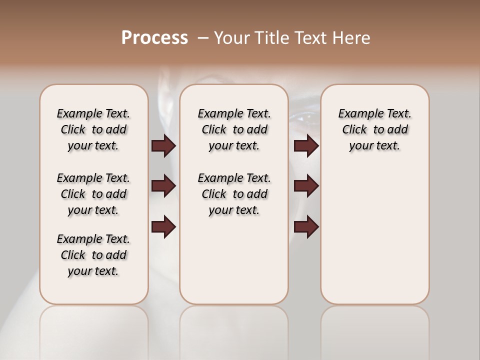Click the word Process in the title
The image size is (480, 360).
click(154, 38)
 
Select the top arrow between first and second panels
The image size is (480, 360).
click(163, 146)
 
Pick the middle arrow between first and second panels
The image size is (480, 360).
click(163, 186)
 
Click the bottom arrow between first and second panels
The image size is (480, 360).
click(163, 227)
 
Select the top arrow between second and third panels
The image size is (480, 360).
click(306, 146)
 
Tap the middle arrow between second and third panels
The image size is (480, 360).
click(306, 186)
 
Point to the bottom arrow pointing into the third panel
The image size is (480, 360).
click(306, 227)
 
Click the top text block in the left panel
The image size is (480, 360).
click(93, 129)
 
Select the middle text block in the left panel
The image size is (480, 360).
click(93, 194)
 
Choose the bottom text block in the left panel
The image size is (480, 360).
click(93, 255)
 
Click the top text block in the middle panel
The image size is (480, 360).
click(234, 129)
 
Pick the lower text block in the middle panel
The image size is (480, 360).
click(234, 194)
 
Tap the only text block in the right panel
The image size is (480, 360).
click(375, 129)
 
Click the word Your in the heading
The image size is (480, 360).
click(231, 38)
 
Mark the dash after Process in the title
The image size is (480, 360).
click(203, 38)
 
